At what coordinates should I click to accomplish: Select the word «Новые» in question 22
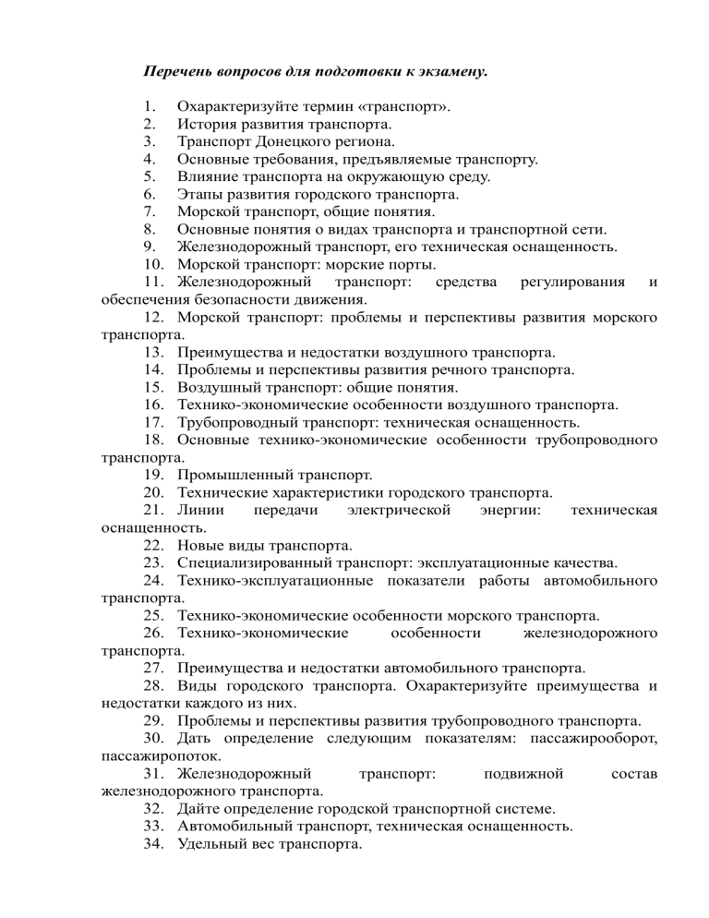[x=200, y=545]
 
